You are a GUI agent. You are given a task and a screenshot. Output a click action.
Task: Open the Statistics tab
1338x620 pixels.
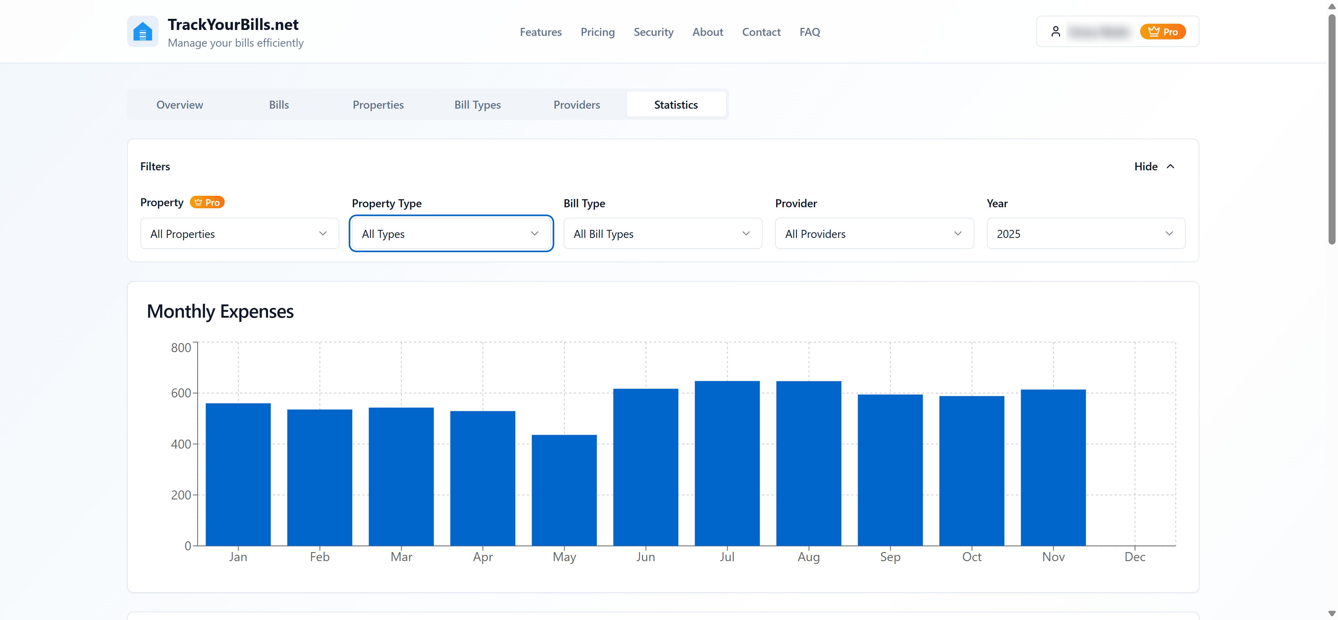676,104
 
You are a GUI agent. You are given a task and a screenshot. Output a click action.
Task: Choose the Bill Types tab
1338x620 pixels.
477,104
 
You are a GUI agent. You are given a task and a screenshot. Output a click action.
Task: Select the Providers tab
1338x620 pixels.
577,104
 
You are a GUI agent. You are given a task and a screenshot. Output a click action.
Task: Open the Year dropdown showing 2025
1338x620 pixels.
1085,234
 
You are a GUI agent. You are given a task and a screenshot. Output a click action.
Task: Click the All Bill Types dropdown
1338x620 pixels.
662,234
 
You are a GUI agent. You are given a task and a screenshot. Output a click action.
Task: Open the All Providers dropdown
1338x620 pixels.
874,234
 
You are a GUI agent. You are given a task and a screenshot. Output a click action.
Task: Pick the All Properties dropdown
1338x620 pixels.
239,234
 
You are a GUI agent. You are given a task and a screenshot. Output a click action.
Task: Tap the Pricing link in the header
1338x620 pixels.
597,32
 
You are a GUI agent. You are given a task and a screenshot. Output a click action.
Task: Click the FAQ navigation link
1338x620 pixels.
809,32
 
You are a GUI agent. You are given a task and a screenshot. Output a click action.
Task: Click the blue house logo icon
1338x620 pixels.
142,32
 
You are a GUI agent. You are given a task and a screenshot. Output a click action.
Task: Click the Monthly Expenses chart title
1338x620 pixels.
220,311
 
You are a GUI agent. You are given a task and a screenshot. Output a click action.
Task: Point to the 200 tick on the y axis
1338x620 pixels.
181,495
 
